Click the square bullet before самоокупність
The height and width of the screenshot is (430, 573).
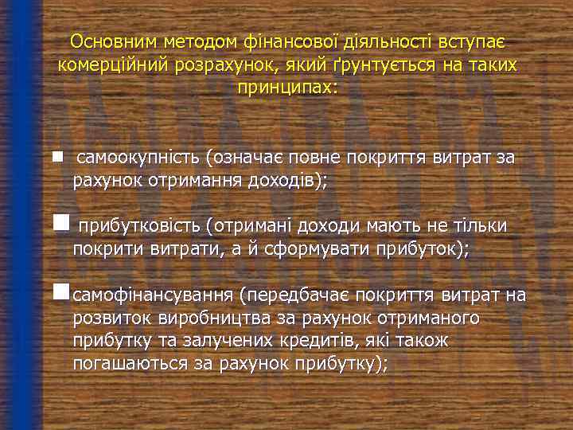(x=57, y=157)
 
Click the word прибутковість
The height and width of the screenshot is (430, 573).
(x=138, y=227)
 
